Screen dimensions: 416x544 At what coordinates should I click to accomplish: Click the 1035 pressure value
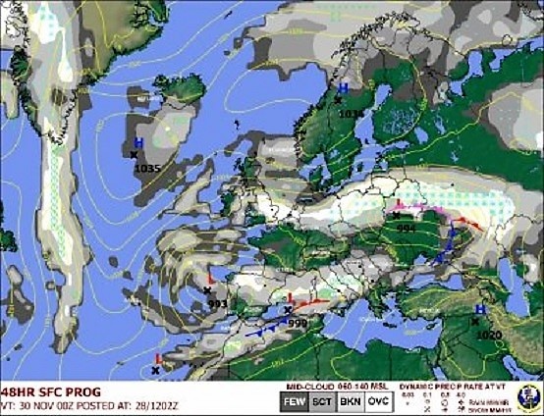click(x=146, y=168)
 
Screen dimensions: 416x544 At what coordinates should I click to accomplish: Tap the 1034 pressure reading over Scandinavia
click(x=351, y=113)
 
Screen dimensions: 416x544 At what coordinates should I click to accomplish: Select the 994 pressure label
click(x=406, y=227)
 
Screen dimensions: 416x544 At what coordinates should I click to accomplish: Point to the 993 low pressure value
click(x=218, y=303)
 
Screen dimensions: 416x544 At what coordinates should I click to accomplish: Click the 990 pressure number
click(x=299, y=323)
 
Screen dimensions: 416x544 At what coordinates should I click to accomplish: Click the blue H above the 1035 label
click(x=138, y=143)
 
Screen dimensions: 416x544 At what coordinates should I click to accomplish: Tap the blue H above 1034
click(x=344, y=88)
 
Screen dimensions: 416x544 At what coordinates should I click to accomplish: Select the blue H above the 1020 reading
click(x=479, y=309)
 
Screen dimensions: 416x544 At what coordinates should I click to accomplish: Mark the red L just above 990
click(x=290, y=297)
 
